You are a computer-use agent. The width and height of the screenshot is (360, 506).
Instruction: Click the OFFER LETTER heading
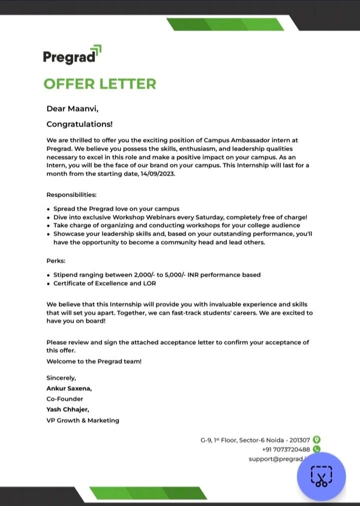tap(99, 84)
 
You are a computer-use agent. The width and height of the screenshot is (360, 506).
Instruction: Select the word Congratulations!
tap(79, 124)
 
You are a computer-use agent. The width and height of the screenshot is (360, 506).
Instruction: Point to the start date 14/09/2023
tap(158, 174)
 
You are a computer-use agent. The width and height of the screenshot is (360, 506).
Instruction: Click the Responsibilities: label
tap(71, 194)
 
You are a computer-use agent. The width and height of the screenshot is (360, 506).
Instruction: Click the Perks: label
tap(56, 261)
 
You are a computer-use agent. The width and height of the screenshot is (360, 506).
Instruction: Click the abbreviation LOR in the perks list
tap(149, 283)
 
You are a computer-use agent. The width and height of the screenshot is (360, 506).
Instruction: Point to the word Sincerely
tap(61, 378)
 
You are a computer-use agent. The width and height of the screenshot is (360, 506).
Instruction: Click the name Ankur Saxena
tap(68, 388)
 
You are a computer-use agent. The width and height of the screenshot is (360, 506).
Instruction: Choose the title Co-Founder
tap(64, 399)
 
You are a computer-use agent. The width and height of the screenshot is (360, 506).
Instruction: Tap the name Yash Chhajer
tap(67, 409)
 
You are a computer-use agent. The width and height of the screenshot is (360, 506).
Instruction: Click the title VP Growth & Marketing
tap(82, 420)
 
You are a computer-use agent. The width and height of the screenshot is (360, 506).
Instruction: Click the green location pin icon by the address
tap(316, 440)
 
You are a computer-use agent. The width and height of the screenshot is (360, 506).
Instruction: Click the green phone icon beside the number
tap(316, 449)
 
